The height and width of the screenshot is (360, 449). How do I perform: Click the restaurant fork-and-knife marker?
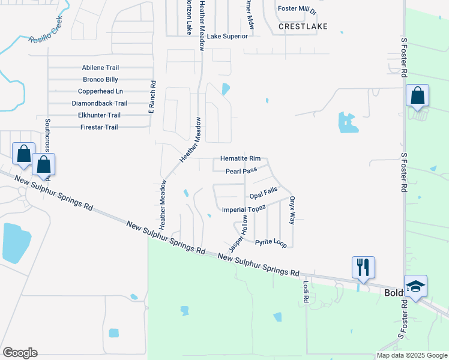pyautogui.click(x=363, y=267)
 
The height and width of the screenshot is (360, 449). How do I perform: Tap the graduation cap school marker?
pyautogui.click(x=415, y=287)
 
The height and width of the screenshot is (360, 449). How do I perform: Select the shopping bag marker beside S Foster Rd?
pyautogui.click(x=417, y=96)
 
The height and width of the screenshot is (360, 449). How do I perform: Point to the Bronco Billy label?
pyautogui.click(x=100, y=80)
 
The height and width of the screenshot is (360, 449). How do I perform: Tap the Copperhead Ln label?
pyautogui.click(x=100, y=91)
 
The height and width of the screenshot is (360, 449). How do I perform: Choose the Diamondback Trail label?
pyautogui.click(x=100, y=103)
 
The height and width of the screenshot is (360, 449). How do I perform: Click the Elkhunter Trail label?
pyautogui.click(x=100, y=115)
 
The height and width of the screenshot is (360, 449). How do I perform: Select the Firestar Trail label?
pyautogui.click(x=99, y=127)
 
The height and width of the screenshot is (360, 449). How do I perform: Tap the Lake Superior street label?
pyautogui.click(x=227, y=37)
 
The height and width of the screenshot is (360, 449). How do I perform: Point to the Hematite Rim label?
pyautogui.click(x=240, y=158)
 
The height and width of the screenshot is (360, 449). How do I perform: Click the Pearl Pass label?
pyautogui.click(x=241, y=171)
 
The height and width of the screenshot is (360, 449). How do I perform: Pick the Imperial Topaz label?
pyautogui.click(x=244, y=209)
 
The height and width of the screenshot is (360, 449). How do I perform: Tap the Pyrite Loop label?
pyautogui.click(x=271, y=242)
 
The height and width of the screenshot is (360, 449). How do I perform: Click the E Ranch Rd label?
pyautogui.click(x=152, y=97)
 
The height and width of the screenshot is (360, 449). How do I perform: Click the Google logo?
pyautogui.click(x=20, y=352)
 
